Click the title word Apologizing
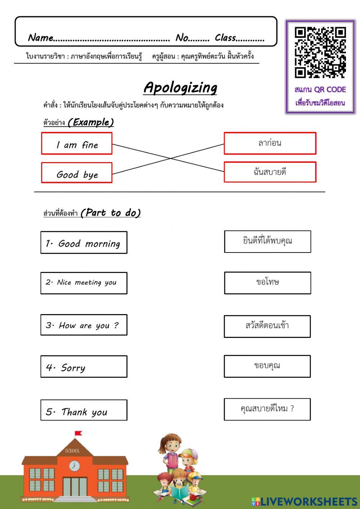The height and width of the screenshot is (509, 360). (180, 88)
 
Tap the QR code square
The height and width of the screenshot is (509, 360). (320, 53)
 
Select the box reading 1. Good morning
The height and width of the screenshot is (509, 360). (84, 243)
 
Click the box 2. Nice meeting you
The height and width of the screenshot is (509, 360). (84, 283)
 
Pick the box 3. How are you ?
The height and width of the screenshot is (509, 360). (84, 325)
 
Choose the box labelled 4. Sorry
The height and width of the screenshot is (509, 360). (84, 367)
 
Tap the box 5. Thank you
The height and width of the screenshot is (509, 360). (84, 410)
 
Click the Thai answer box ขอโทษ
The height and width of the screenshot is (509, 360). (267, 283)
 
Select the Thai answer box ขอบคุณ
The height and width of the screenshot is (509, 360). (267, 366)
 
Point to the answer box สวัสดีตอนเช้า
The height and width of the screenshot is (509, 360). (267, 326)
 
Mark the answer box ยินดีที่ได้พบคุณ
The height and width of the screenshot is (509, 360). (267, 241)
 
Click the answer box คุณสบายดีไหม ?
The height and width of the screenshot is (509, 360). (267, 409)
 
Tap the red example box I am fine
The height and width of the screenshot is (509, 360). (77, 144)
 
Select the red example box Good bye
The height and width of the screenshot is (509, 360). (77, 173)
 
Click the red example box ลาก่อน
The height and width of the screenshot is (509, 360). (270, 143)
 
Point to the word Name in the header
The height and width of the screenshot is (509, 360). (41, 38)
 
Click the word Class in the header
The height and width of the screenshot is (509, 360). (225, 38)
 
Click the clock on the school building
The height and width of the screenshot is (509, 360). (75, 465)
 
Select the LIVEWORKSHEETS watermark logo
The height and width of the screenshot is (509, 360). (304, 501)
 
